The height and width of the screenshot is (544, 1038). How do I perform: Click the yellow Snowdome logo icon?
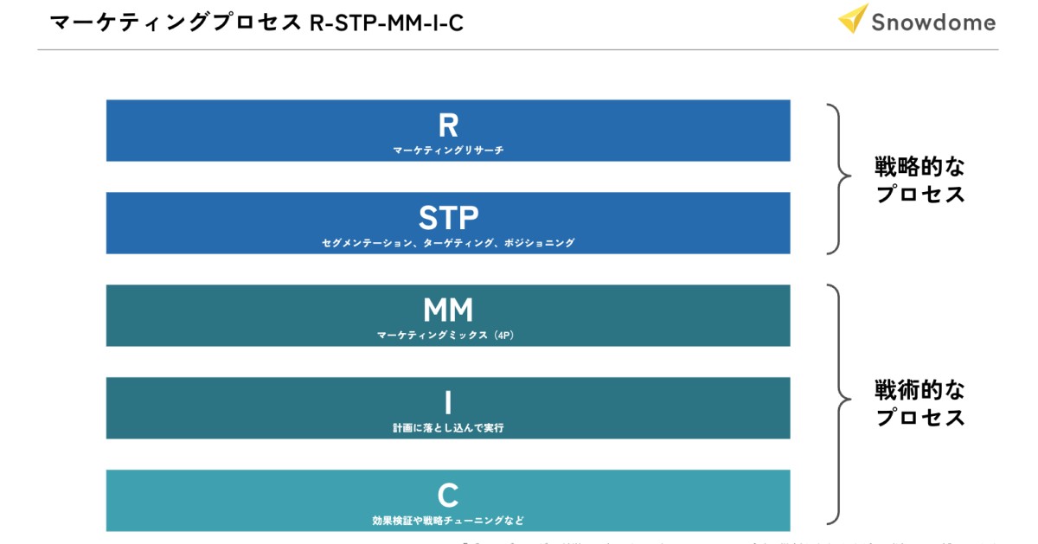pyautogui.click(x=853, y=18)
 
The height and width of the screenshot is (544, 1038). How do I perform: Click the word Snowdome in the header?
pyautogui.click(x=933, y=22)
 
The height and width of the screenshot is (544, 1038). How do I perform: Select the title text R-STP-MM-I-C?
pyautogui.click(x=386, y=22)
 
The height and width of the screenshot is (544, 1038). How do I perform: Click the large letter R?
pyautogui.click(x=448, y=125)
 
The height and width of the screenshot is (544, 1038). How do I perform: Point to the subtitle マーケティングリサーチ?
pyautogui.click(x=448, y=150)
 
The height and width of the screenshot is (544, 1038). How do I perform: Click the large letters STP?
pyautogui.click(x=448, y=217)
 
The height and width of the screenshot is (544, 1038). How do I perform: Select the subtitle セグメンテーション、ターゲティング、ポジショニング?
pyautogui.click(x=448, y=243)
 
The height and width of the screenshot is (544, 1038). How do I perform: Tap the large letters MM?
pyautogui.click(x=448, y=310)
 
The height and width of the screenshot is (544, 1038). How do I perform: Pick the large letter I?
pyautogui.click(x=448, y=402)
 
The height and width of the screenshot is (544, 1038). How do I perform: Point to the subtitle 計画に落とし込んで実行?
pyautogui.click(x=448, y=428)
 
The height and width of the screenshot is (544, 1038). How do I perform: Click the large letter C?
pyautogui.click(x=448, y=496)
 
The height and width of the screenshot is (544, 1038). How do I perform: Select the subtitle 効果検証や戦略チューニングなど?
pyautogui.click(x=448, y=521)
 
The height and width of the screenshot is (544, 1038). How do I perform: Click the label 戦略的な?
pyautogui.click(x=919, y=166)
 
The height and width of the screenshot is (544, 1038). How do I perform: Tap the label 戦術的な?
pyautogui.click(x=919, y=389)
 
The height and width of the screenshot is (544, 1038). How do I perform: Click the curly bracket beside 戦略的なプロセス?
pyautogui.click(x=836, y=179)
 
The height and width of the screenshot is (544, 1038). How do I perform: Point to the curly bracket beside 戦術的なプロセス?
pyautogui.click(x=836, y=403)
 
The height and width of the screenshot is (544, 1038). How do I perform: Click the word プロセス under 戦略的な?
pyautogui.click(x=919, y=194)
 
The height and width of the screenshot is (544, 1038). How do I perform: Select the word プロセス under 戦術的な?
pyautogui.click(x=919, y=417)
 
